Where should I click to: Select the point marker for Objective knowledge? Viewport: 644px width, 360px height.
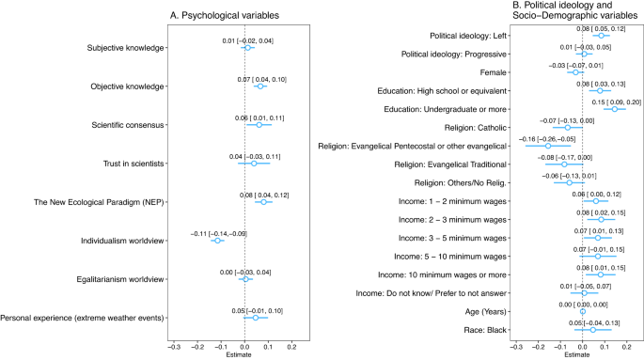[x=260, y=86]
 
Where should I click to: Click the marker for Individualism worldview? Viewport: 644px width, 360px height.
[x=218, y=241]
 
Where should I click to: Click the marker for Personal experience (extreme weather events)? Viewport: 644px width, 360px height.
[x=256, y=318]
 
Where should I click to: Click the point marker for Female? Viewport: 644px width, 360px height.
[x=576, y=72]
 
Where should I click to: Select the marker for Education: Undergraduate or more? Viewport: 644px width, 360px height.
[x=616, y=109]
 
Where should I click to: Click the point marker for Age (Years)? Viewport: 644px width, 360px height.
[x=583, y=311]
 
